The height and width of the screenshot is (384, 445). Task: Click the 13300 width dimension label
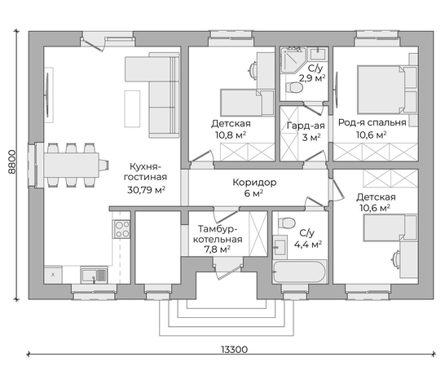coord(234,350)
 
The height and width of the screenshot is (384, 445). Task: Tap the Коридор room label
coord(254,182)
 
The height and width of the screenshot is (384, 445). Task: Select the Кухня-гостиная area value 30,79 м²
coord(146,190)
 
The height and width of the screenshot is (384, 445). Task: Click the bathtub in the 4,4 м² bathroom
coord(299,271)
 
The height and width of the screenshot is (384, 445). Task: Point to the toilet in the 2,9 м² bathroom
coord(293,87)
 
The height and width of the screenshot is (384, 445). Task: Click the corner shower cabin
coord(293,60)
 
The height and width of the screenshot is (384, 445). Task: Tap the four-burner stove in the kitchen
coord(122,229)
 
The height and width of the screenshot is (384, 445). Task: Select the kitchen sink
coord(94,275)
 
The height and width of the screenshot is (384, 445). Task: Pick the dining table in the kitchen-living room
coord(71,165)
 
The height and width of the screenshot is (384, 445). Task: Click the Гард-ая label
coord(306,126)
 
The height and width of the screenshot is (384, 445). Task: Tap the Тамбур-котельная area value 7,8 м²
coord(217,249)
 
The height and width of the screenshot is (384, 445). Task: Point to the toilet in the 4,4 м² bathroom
coord(287,223)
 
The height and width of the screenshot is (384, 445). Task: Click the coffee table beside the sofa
coord(132,108)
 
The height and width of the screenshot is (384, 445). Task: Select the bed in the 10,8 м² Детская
coord(247,103)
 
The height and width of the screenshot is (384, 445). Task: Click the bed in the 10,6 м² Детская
coord(390,228)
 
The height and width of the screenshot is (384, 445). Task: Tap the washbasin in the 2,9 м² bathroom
coord(318,54)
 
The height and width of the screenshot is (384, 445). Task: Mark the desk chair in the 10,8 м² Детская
coord(252,70)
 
